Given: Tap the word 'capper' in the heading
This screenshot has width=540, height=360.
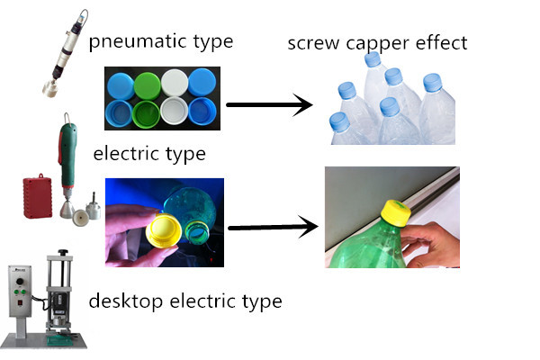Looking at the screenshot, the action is coord(378,44).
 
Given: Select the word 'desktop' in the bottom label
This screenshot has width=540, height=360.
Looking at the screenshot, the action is coord(125,301).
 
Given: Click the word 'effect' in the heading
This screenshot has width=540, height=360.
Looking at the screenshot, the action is coord(442,42).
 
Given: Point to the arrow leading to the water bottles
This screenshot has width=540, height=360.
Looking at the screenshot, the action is coord(269,104).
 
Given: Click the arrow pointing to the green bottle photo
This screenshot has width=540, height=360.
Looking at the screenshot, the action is coord(273,227).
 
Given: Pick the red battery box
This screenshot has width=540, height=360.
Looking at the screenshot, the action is coord(38,196).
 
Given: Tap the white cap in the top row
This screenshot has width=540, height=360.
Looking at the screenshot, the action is coord(175,83).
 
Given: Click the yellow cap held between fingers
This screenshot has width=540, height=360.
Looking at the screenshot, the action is coord(164,230).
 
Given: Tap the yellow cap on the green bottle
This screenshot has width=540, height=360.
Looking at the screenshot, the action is coord(396,213).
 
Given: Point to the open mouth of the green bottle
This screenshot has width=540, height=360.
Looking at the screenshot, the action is coord(196,233).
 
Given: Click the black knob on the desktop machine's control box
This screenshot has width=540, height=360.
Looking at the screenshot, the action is coord(20,282).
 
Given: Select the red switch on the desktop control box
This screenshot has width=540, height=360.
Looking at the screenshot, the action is coord(21,302).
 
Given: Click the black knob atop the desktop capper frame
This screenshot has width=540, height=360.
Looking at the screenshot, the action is coord(63,253).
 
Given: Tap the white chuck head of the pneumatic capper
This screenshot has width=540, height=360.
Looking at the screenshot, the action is coord(49,88).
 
